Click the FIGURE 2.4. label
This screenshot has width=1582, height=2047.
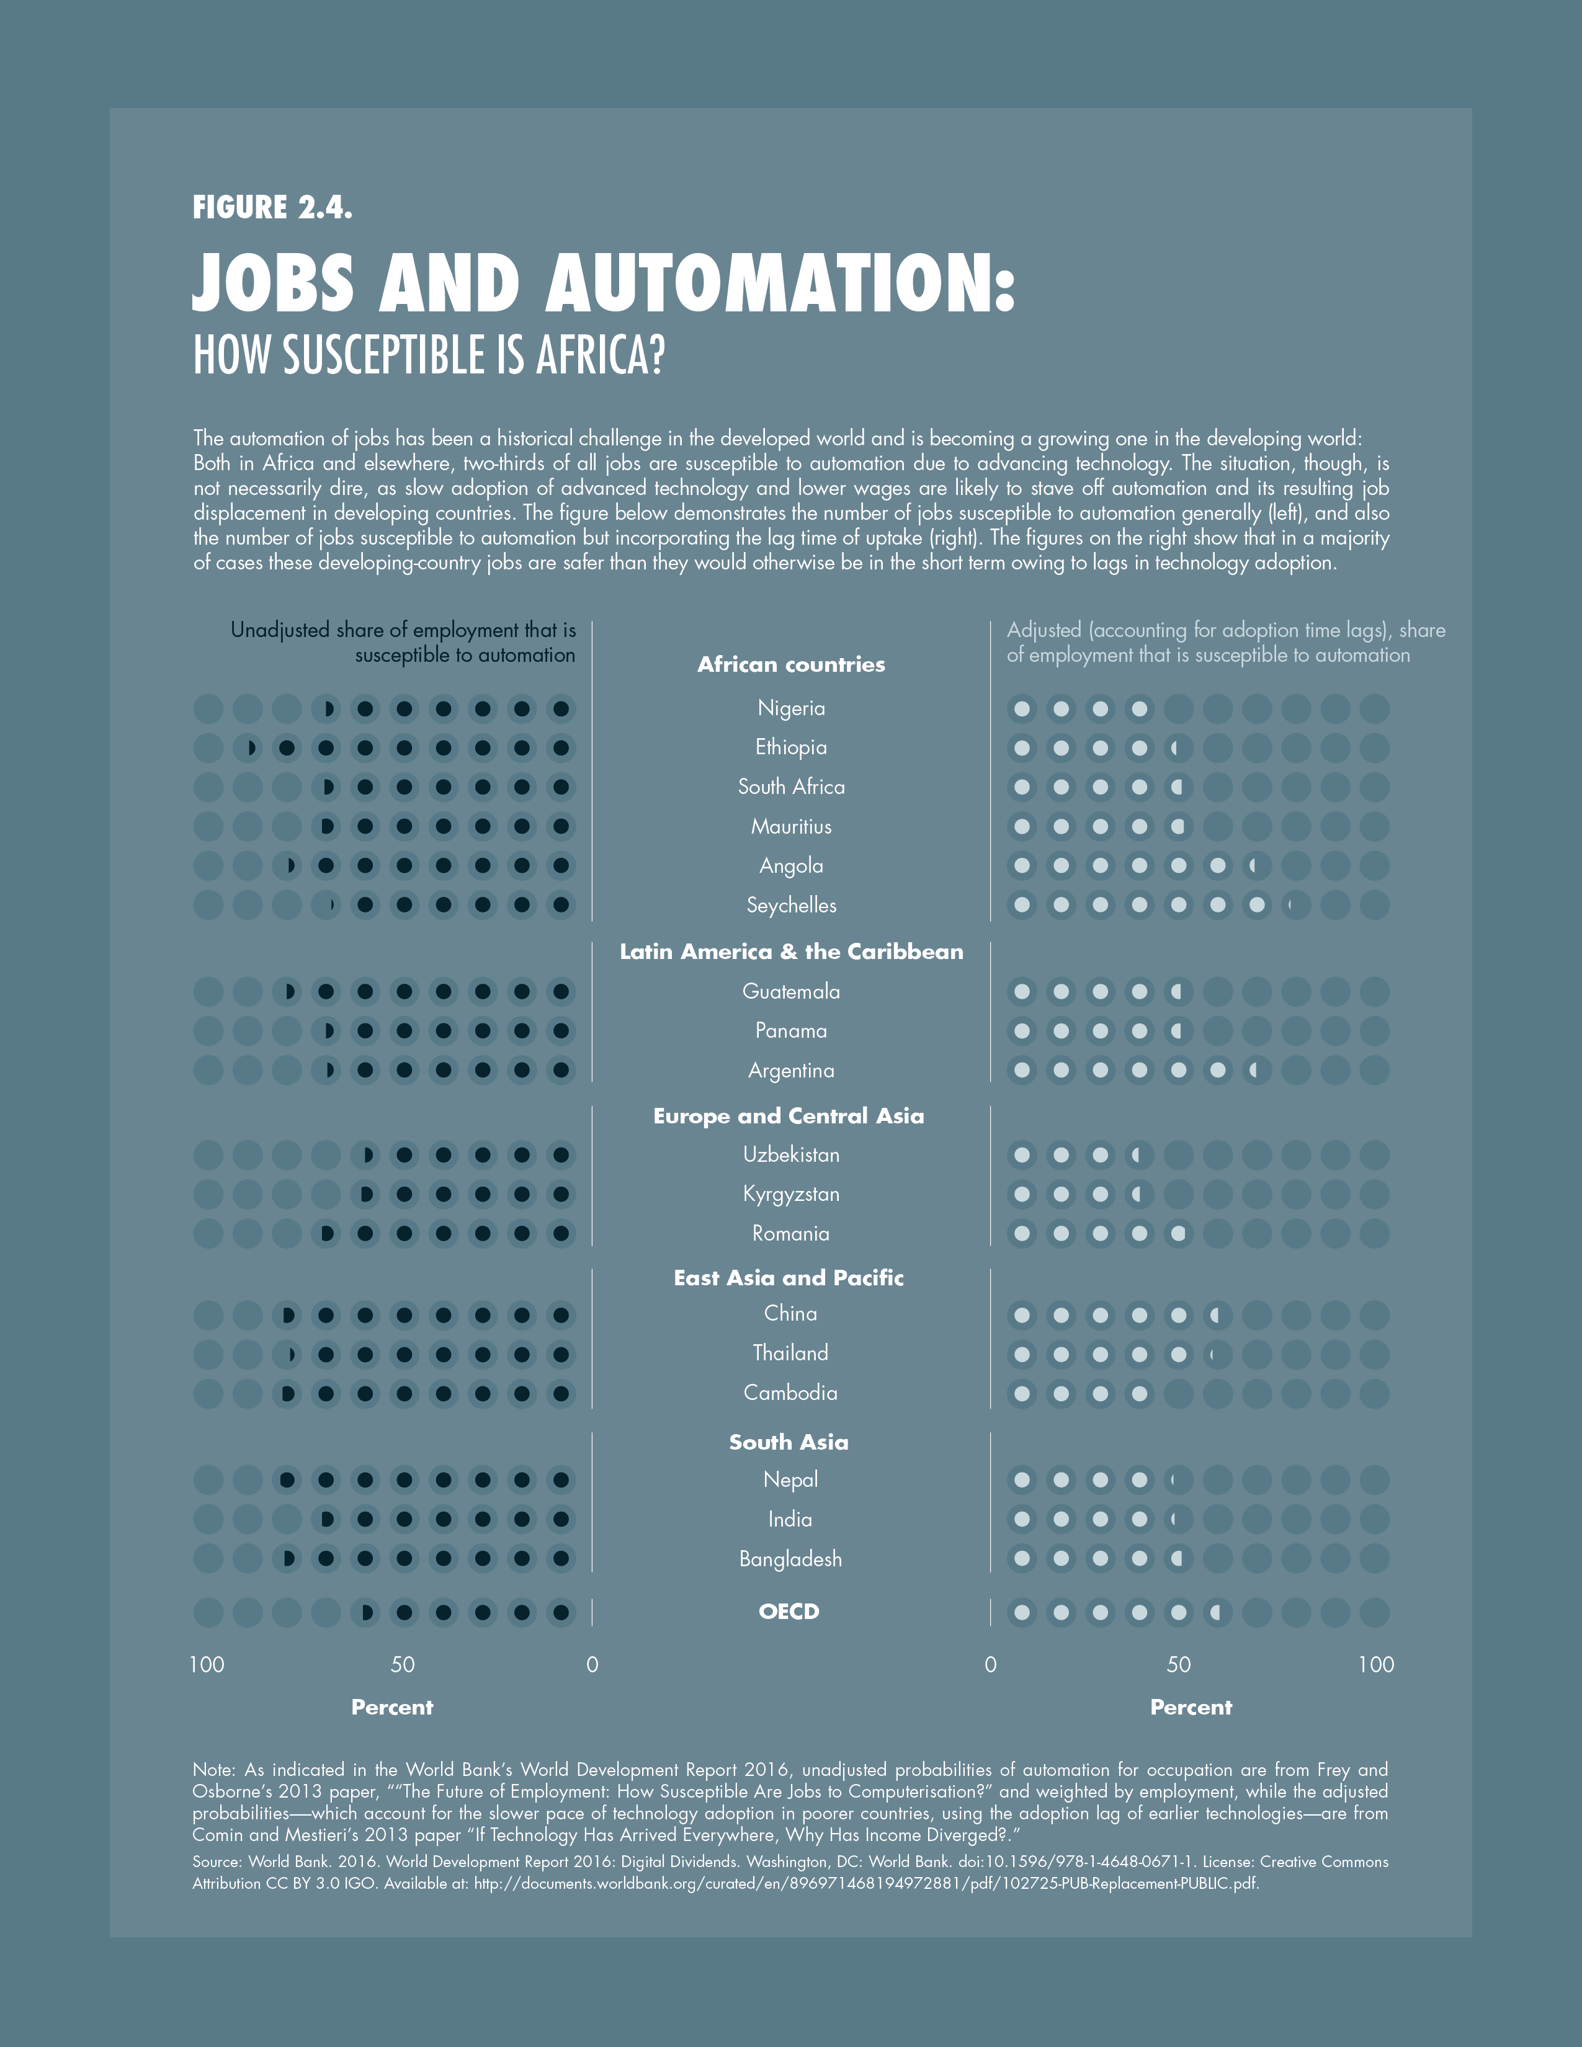[x=272, y=207]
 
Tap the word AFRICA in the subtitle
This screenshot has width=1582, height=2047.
[x=600, y=355]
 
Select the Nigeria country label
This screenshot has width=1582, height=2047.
[x=791, y=708]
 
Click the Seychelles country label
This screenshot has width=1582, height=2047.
[x=791, y=906]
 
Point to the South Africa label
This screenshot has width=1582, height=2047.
[x=791, y=787]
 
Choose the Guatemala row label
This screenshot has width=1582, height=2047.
[x=791, y=992]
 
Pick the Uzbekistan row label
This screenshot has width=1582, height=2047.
[x=791, y=1155]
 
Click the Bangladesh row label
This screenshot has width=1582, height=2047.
[x=791, y=1559]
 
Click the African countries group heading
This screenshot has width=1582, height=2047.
[x=791, y=664]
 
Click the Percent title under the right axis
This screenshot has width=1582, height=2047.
[x=1191, y=1708]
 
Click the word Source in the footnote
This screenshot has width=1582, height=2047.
[x=215, y=1862]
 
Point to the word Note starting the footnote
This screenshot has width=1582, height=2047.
[x=213, y=1770]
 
